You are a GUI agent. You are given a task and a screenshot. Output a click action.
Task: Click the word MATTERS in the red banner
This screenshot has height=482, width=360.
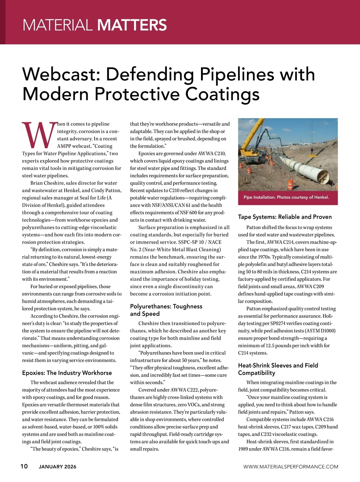(x=132, y=25)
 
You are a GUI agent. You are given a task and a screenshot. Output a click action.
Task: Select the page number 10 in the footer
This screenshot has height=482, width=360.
(x=24, y=466)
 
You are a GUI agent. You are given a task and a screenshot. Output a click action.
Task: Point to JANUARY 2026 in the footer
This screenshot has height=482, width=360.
(x=58, y=467)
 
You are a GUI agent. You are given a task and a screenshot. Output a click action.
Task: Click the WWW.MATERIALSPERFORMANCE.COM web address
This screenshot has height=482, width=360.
(x=290, y=467)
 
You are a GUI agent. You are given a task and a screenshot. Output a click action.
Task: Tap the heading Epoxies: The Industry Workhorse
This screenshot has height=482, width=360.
(x=67, y=373)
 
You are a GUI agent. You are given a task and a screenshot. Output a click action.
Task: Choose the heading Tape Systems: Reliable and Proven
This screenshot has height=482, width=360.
(x=285, y=217)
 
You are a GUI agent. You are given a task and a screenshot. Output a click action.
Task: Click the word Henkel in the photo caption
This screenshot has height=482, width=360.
(x=321, y=197)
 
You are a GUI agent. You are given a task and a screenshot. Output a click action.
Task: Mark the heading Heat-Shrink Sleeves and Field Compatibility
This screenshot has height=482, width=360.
(x=278, y=369)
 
